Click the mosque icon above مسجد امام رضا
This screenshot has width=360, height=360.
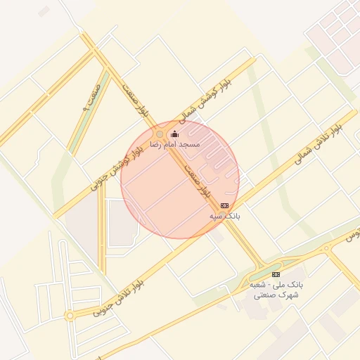[174, 134]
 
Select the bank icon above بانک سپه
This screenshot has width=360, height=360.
[224, 205]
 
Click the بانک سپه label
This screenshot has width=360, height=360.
[225, 216]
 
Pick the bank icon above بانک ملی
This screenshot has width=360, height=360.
[276, 274]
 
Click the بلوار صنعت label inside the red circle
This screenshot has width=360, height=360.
[198, 181]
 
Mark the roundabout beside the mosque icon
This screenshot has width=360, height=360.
[160, 134]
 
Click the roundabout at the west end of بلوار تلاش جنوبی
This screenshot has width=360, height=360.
[69, 316]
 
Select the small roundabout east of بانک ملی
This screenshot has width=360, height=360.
[326, 248]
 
